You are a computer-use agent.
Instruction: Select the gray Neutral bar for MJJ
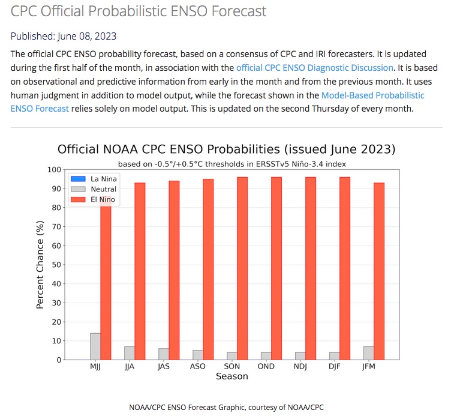coord(95,346)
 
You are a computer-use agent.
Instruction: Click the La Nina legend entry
coord(94,179)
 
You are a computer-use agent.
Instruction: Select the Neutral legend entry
coord(94,189)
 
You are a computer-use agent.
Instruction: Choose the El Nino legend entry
coord(94,199)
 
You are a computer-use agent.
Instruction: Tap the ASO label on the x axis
coord(197,366)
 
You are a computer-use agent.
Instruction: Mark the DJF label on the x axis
coord(335,366)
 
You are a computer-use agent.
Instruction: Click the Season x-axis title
coord(231,376)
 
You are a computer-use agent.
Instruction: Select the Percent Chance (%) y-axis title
coord(40,265)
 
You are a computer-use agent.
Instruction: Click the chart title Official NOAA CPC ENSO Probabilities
coord(226,149)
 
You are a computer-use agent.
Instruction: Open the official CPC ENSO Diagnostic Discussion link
coord(315,68)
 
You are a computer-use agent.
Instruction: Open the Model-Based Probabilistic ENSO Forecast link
coord(372,95)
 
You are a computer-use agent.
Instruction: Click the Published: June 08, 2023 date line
coord(64,36)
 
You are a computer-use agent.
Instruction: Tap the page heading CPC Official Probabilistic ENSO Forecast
coord(139,11)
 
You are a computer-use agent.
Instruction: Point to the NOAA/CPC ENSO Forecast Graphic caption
coord(226,407)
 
